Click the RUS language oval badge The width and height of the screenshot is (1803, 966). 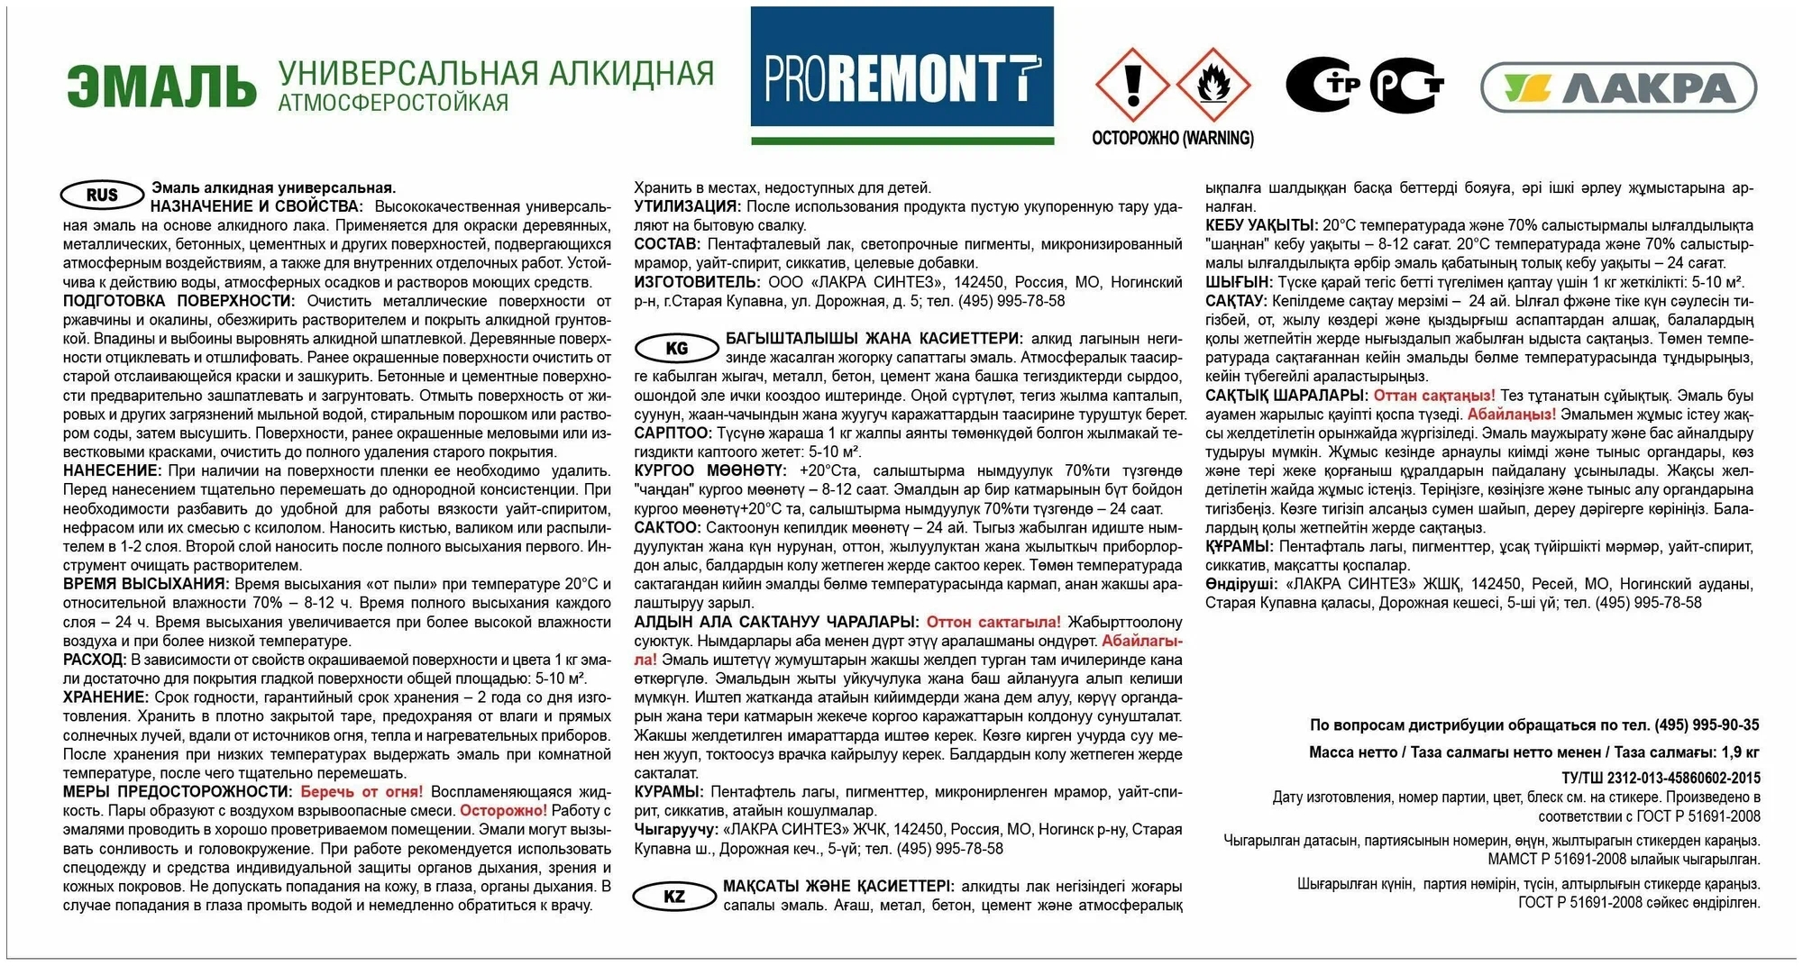(102, 195)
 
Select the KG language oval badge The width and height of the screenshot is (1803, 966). (676, 348)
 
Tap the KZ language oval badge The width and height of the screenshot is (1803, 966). (674, 896)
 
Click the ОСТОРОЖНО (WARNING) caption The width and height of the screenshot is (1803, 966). (1172, 138)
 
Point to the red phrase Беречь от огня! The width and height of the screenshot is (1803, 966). (361, 791)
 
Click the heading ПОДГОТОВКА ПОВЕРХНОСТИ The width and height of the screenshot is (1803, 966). (178, 301)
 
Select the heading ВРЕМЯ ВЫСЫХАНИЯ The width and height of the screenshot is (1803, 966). (144, 584)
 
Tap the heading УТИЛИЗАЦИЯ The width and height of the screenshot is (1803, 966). (686, 206)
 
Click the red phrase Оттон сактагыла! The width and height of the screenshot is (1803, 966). (993, 622)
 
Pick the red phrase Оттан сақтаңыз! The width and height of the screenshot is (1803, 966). (1434, 395)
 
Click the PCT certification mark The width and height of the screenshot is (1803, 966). (1405, 87)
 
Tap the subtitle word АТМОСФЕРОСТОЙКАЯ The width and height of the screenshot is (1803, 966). (393, 104)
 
